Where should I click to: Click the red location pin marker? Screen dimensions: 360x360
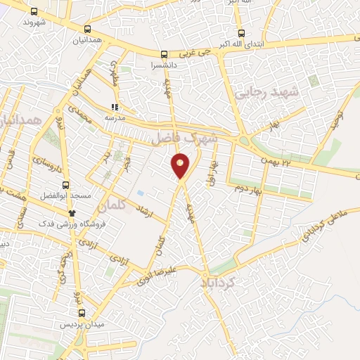click(181, 166)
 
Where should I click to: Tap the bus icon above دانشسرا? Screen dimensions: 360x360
click(164, 54)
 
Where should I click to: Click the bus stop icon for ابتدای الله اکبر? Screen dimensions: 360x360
click(241, 34)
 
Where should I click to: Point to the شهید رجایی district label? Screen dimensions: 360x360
click(266, 92)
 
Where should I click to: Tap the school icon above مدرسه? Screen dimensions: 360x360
click(114, 107)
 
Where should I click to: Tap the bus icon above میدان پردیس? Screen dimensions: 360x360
click(81, 314)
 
